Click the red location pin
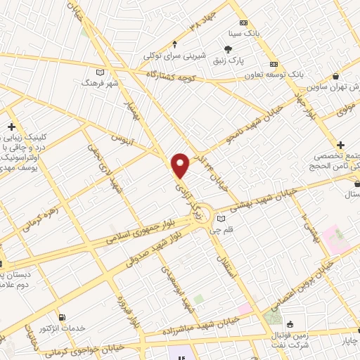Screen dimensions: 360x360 pyautogui.click(x=181, y=165)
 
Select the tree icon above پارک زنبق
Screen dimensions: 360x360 pyautogui.click(x=228, y=49)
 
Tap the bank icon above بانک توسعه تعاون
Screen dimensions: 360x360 pyautogui.click(x=274, y=61)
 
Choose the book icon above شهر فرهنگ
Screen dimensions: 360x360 pyautogui.click(x=99, y=72)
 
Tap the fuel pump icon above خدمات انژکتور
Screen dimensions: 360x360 pyautogui.click(x=64, y=317)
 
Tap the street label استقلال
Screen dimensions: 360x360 pyautogui.click(x=227, y=261)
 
